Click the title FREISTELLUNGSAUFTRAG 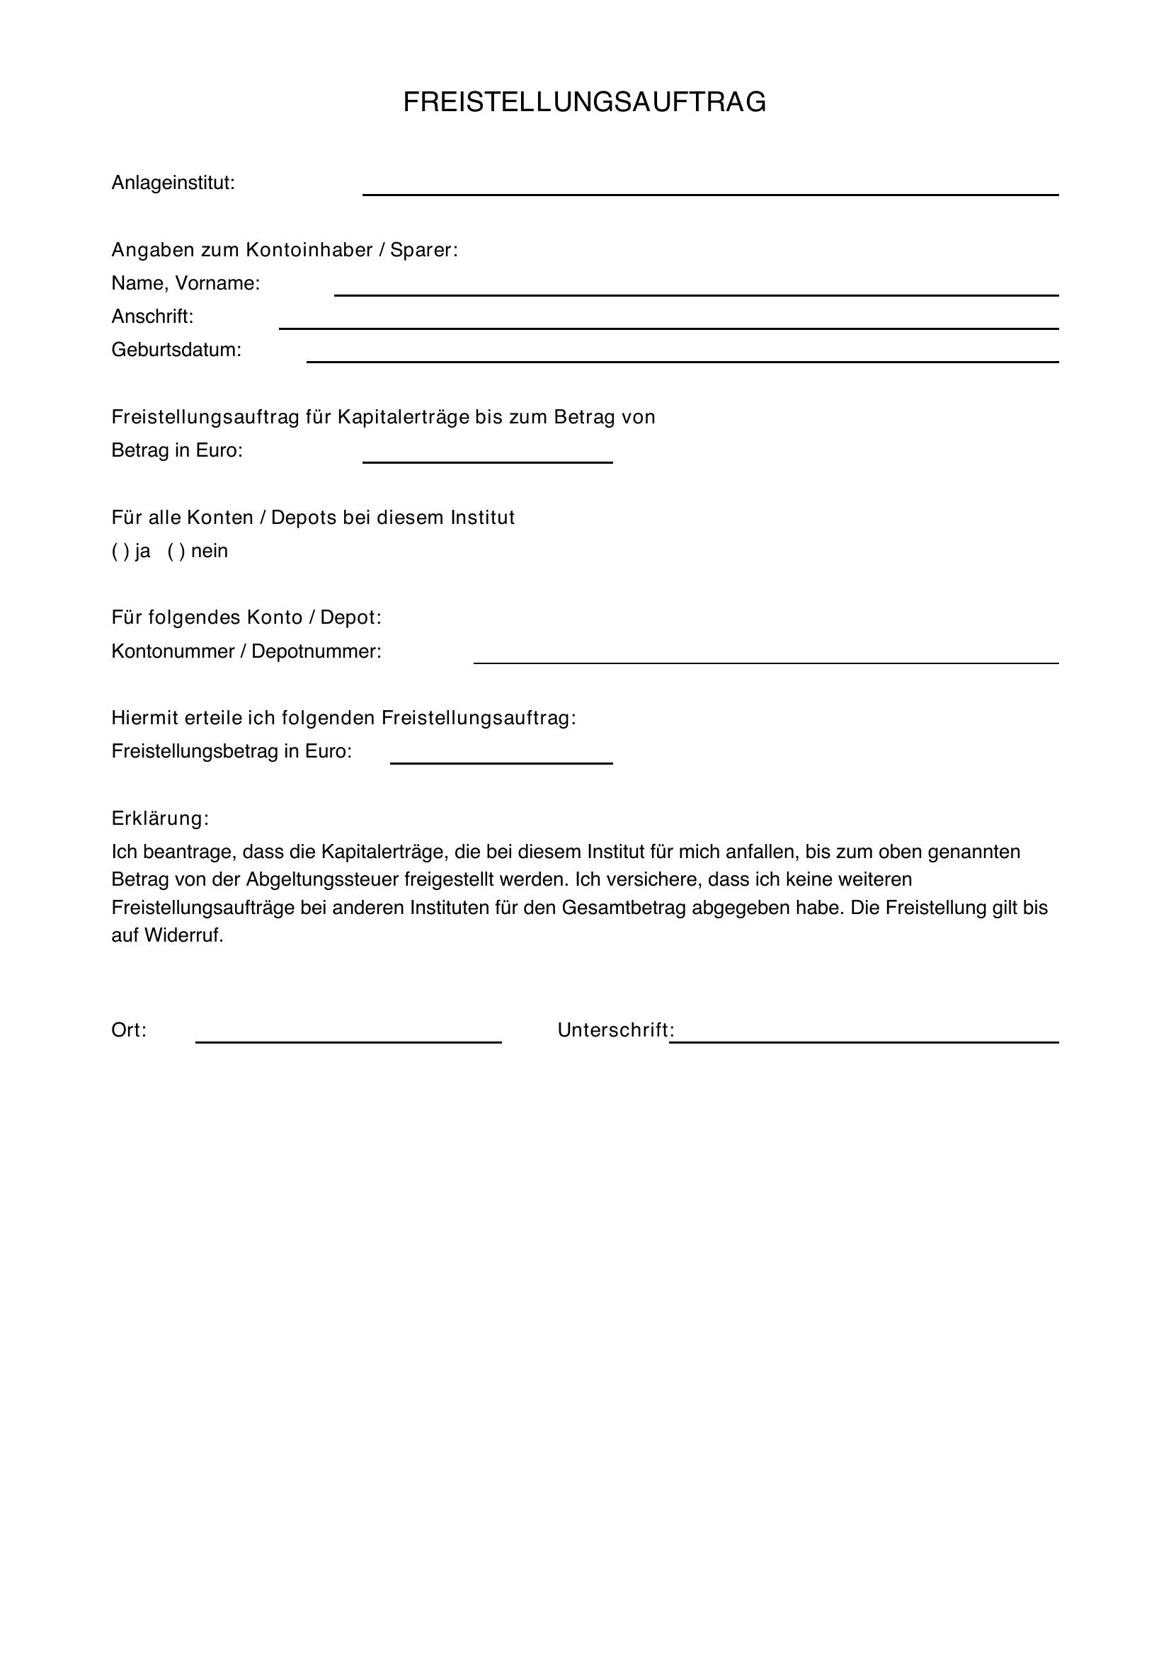pos(584,103)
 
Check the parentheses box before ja pos(120,552)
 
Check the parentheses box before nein pos(176,552)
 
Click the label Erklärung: pos(160,818)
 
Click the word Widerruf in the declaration pos(184,935)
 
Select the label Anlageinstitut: pos(173,183)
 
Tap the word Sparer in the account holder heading pos(423,250)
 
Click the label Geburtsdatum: pos(176,350)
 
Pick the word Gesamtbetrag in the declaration pos(624,908)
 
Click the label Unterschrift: pos(615,1030)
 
